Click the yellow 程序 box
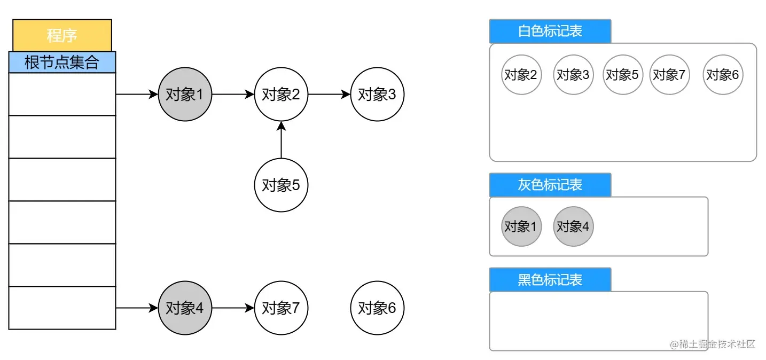pyautogui.click(x=62, y=35)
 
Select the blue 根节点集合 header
pyautogui.click(x=62, y=62)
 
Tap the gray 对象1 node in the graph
pyautogui.click(x=185, y=95)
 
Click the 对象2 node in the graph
pyautogui.click(x=281, y=95)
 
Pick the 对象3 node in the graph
pyautogui.click(x=377, y=95)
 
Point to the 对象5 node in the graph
pyautogui.click(x=281, y=185)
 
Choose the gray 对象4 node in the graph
pyautogui.click(x=185, y=308)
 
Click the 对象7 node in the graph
pyautogui.click(x=281, y=308)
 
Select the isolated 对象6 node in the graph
pyautogui.click(x=377, y=308)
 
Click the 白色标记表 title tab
pyautogui.click(x=550, y=31)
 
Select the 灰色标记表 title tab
pyautogui.click(x=550, y=185)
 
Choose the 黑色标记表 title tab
pyautogui.click(x=550, y=280)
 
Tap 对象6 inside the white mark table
pyautogui.click(x=723, y=75)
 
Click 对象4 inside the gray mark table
pyautogui.click(x=573, y=226)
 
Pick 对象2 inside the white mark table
pyautogui.click(x=521, y=75)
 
